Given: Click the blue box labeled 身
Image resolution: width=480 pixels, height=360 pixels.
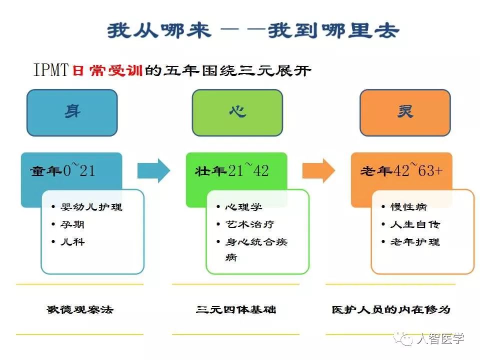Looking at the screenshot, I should (x=72, y=112).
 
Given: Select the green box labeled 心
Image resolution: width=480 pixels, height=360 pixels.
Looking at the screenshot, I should (x=237, y=112).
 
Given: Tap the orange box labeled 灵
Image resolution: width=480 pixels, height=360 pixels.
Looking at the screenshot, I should (x=405, y=112).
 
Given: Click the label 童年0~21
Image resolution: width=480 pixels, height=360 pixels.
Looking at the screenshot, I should (x=62, y=170).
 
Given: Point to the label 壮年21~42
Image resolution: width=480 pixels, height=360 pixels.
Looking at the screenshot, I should (x=231, y=170).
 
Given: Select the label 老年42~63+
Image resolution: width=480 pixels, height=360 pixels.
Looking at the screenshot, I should (x=401, y=170).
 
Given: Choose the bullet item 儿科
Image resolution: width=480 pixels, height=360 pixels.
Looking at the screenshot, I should (x=72, y=241).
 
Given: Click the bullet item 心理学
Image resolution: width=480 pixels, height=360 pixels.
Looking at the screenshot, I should (x=243, y=206).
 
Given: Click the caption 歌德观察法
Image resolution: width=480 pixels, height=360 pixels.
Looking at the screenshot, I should (x=80, y=309).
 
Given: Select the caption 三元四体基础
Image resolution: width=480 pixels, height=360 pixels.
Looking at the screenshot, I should (x=236, y=309).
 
